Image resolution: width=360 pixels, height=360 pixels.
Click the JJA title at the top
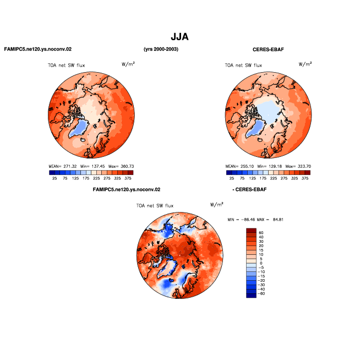[179, 37]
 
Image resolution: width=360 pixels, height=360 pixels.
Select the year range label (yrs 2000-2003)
[161, 49]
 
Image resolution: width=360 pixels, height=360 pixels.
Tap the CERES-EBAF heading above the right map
[268, 50]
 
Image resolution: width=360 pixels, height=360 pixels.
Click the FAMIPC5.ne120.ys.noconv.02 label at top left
[38, 49]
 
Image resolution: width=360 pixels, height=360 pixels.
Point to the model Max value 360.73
[127, 166]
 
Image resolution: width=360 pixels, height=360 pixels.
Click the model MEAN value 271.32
[70, 166]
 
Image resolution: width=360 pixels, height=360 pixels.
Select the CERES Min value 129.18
[275, 166]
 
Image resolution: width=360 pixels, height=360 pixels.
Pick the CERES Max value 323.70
[304, 166]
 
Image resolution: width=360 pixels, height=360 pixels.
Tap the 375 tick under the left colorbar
[128, 178]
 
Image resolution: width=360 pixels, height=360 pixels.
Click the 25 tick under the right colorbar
[232, 178]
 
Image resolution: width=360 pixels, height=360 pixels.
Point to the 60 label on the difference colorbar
[261, 233]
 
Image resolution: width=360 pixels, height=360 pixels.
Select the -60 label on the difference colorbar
[261, 293]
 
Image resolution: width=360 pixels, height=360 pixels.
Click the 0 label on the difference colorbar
[261, 263]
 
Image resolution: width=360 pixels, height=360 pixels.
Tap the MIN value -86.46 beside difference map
[248, 220]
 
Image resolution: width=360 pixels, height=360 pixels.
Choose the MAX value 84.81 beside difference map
[278, 220]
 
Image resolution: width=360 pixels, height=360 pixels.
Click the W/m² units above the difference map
[217, 204]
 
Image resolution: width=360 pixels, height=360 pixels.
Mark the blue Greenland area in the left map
[80, 128]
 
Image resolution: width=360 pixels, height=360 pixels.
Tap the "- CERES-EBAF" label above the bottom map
[249, 190]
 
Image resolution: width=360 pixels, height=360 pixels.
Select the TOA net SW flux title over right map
[243, 66]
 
